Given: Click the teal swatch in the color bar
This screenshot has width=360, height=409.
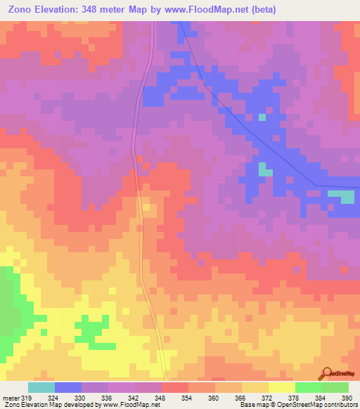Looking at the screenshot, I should (x=41, y=387).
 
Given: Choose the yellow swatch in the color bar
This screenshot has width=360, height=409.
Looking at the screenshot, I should (x=282, y=387).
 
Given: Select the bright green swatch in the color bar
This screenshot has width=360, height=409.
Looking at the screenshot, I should (x=309, y=387).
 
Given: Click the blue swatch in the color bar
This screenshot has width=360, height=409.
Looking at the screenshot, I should (x=68, y=387).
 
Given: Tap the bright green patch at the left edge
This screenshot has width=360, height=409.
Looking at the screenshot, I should (x=6, y=309).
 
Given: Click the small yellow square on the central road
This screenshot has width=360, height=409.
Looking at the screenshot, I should (x=146, y=207).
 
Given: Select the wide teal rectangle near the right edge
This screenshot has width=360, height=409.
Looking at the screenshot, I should (x=342, y=196).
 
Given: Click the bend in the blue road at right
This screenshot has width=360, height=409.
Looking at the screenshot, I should (x=316, y=186).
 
